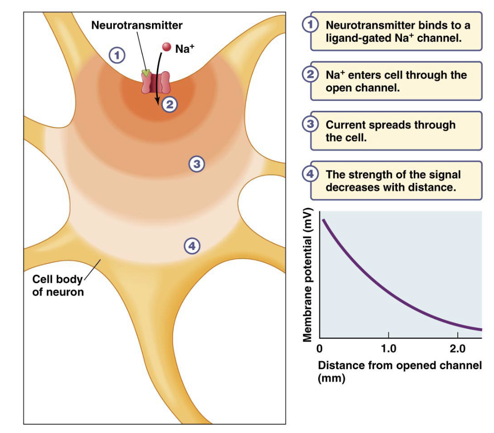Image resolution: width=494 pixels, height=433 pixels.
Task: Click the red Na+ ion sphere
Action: point(167,47)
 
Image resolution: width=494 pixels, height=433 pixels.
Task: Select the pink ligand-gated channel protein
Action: point(155,84)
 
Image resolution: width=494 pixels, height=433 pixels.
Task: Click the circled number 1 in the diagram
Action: point(117,55)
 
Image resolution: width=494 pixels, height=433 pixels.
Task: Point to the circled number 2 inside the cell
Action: point(169,104)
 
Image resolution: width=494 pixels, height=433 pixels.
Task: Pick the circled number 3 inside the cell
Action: point(197,164)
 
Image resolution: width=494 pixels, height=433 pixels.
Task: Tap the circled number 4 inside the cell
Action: point(192,245)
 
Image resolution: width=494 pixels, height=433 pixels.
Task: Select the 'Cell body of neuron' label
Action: point(58,285)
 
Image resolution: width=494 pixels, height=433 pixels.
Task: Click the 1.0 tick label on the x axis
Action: point(388,348)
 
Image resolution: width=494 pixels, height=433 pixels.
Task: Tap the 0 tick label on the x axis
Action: point(320,348)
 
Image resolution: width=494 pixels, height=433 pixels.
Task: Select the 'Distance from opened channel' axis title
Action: point(399,366)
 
